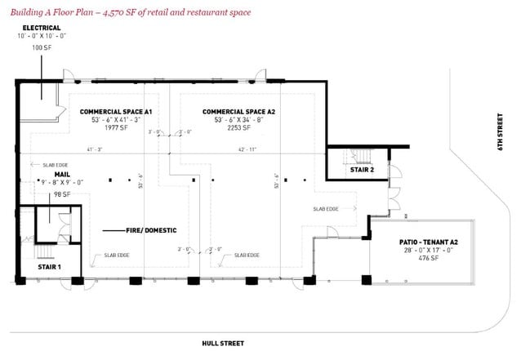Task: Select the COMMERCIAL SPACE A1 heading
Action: [x=117, y=111]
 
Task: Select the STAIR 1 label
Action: [x=51, y=267]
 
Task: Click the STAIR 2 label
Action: [x=362, y=170]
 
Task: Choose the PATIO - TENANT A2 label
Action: [x=421, y=242]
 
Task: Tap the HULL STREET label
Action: [x=223, y=344]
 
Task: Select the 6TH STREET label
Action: [x=501, y=131]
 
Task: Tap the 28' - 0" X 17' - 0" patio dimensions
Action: [x=421, y=251]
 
